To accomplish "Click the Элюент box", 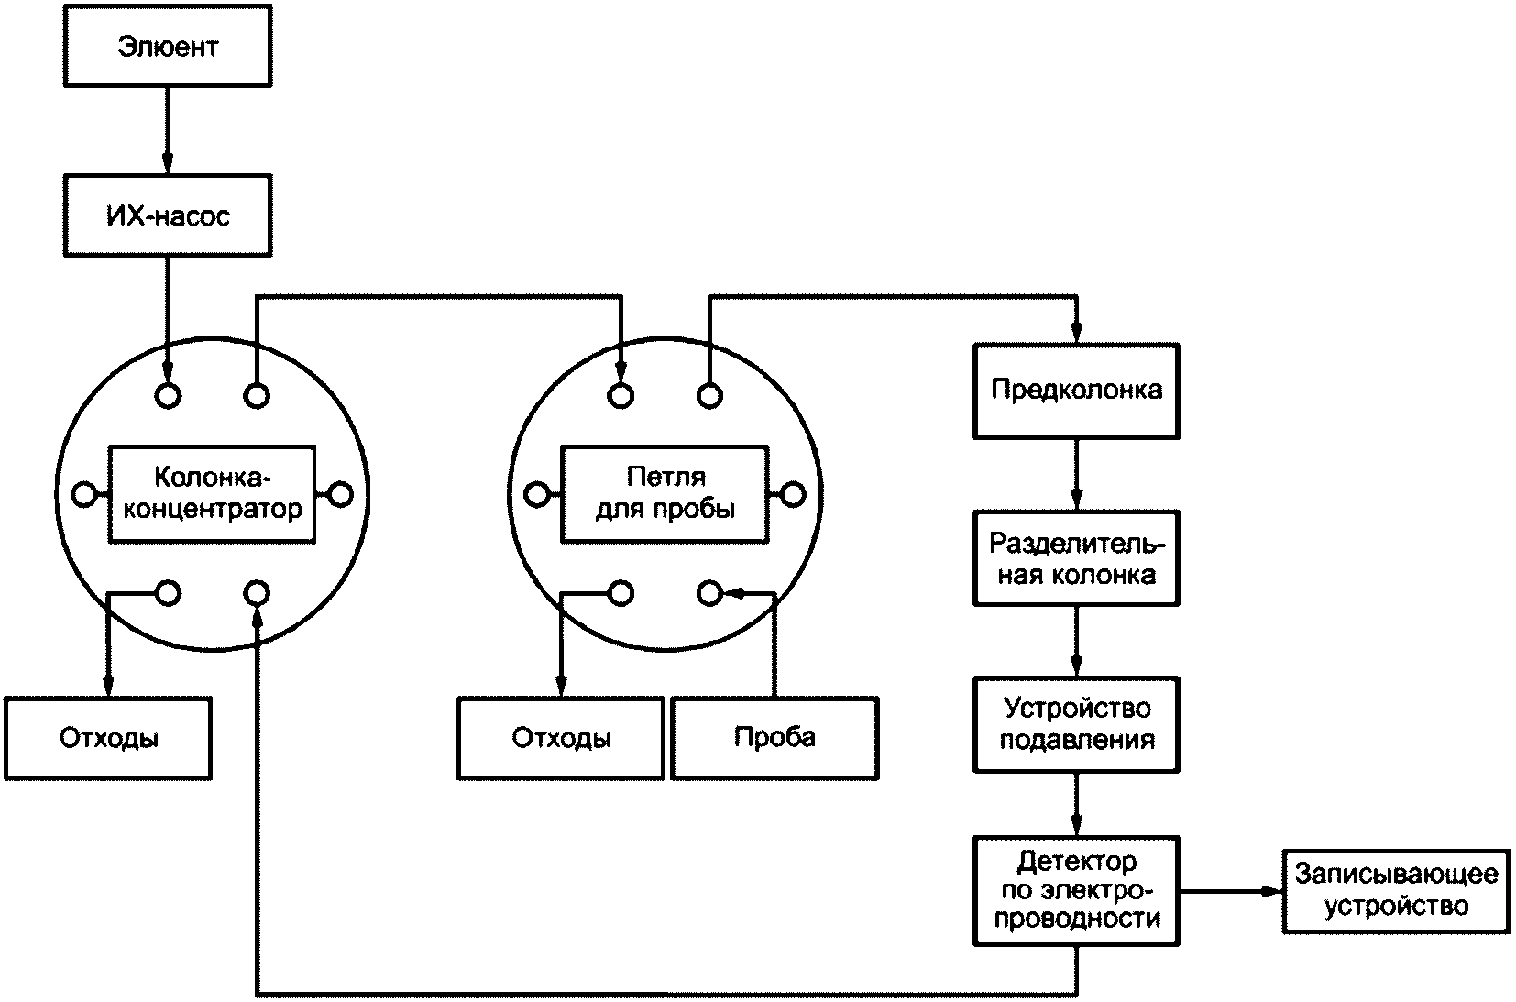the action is [x=168, y=46].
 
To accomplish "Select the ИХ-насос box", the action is [x=168, y=215].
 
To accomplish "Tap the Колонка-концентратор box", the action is [x=212, y=493].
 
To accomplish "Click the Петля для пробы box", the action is [x=665, y=493].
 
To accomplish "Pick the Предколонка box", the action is [x=1076, y=391].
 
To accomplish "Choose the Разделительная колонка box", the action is [x=1076, y=558].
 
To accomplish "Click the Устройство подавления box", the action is [x=1076, y=724].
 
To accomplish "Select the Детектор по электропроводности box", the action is [x=1076, y=891].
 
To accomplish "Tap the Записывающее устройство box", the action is [x=1396, y=891].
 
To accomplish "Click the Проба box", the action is [x=774, y=738].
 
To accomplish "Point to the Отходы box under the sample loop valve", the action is [x=561, y=738].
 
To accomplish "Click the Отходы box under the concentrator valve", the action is [x=108, y=738].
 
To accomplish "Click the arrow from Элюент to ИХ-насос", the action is [x=168, y=131].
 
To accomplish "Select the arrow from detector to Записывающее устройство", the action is [x=1231, y=891].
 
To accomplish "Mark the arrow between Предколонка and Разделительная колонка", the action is [x=1076, y=475].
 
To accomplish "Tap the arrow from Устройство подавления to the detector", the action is [x=1076, y=804].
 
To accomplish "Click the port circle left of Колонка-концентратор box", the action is [x=84, y=495].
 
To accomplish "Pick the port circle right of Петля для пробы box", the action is [x=793, y=495].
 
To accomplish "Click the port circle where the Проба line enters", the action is [x=709, y=594].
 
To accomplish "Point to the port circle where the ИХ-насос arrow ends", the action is [x=168, y=395].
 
